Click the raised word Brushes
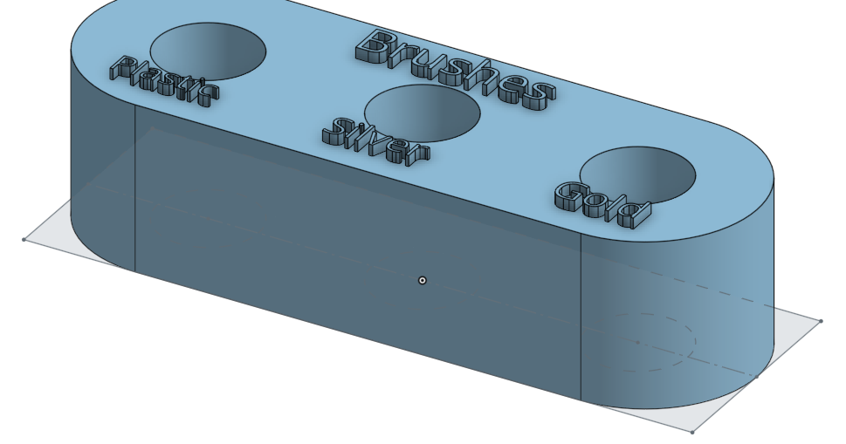click(454, 68)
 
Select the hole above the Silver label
click(422, 111)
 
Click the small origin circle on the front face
click(423, 280)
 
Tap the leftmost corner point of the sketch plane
click(24, 239)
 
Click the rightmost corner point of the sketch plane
click(821, 321)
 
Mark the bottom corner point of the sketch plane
click(692, 431)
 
